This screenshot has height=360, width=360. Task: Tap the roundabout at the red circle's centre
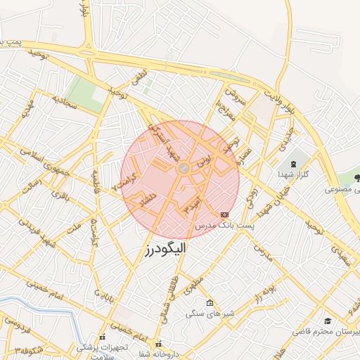[182, 168]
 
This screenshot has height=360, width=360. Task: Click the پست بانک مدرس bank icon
[224, 214]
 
